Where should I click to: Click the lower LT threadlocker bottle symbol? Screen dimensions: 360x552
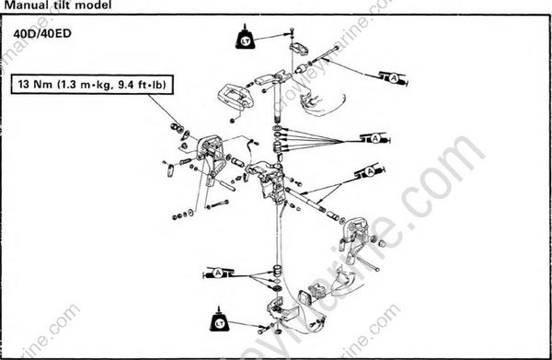point(220,319)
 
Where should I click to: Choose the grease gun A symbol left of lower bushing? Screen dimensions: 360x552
point(218,273)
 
